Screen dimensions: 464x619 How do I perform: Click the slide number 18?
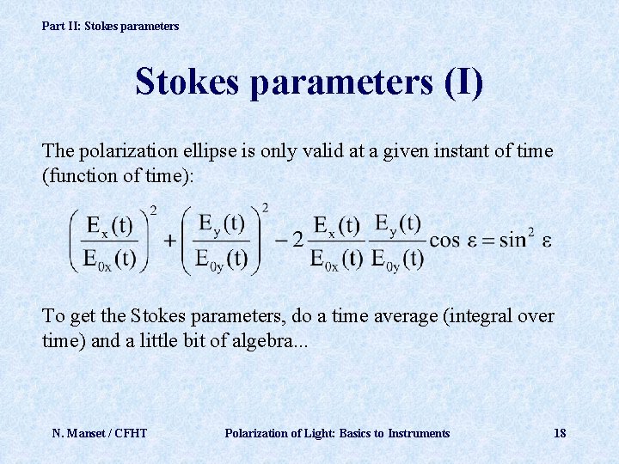[x=560, y=433]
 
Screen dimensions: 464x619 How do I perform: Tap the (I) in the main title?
[x=463, y=82]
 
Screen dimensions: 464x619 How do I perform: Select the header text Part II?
[x=61, y=26]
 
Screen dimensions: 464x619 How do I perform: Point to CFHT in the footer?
[x=131, y=433]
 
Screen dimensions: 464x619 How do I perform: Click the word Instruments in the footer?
[x=419, y=433]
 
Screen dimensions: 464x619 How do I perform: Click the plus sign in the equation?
[x=169, y=240]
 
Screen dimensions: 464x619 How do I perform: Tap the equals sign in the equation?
[x=487, y=240]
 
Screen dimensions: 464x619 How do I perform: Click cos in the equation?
[x=444, y=240]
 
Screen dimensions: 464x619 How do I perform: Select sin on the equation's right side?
[x=512, y=240]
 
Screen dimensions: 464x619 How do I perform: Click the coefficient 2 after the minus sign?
[x=297, y=240]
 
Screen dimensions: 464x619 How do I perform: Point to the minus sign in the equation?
[x=281, y=240]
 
